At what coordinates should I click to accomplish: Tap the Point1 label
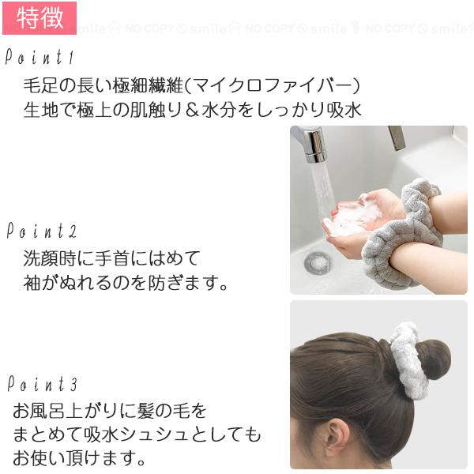[x=39, y=58]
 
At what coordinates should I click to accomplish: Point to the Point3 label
[x=42, y=385]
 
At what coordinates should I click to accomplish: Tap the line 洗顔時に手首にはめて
[x=113, y=258]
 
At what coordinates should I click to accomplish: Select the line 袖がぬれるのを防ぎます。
[x=126, y=282]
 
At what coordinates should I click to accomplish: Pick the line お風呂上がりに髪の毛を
[x=110, y=411]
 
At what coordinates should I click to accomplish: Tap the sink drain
[x=318, y=261]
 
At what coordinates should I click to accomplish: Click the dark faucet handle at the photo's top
[x=397, y=137]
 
